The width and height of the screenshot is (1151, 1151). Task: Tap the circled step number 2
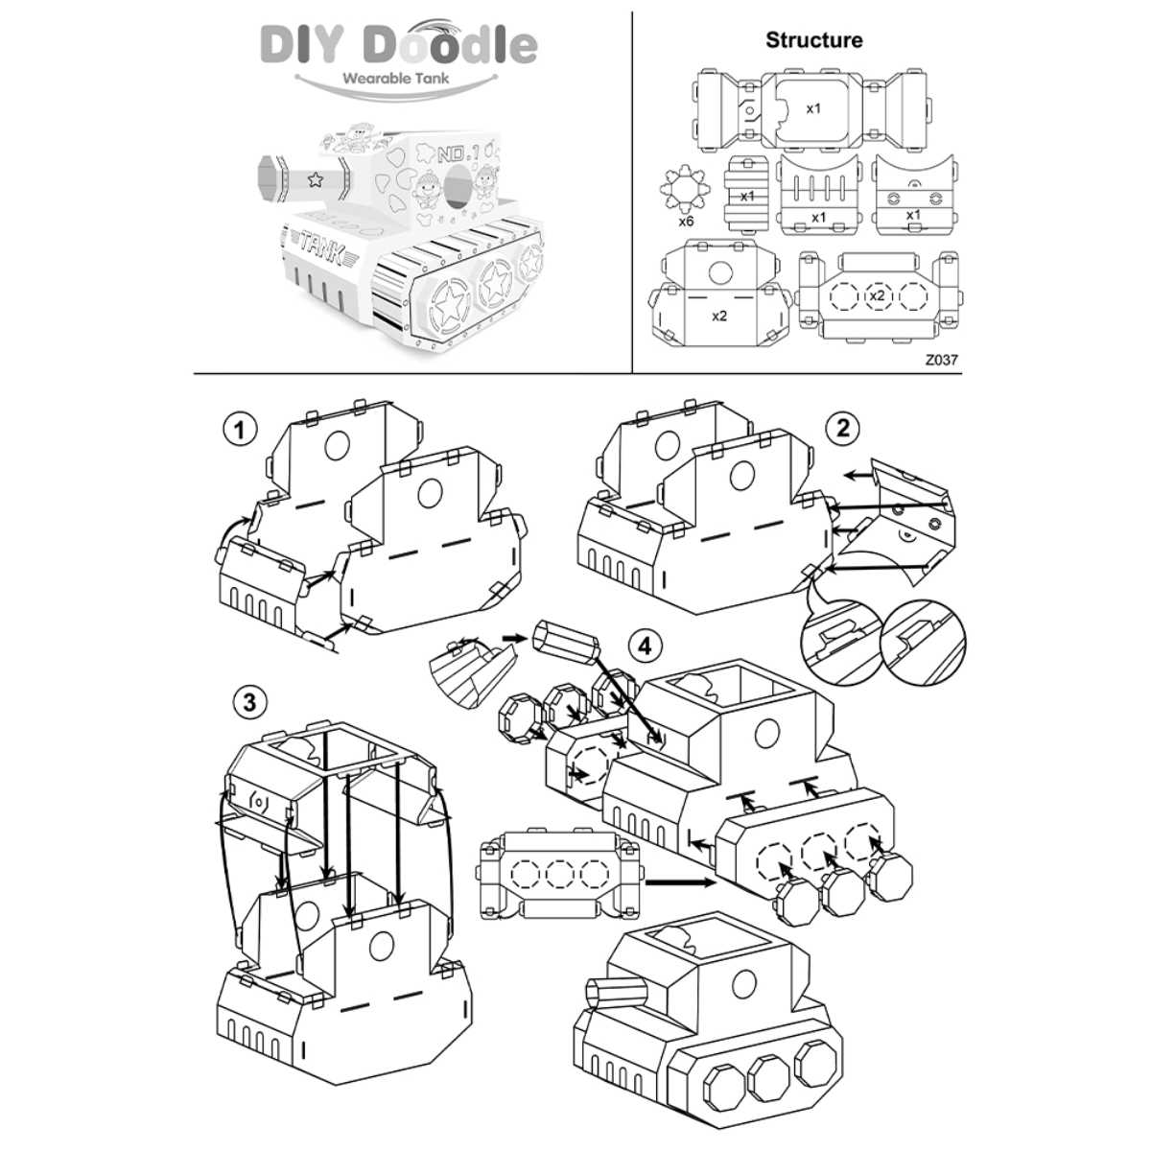point(842,428)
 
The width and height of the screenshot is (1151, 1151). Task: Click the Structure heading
point(813,40)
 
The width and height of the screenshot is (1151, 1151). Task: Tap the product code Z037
point(941,361)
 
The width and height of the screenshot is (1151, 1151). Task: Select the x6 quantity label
point(686,222)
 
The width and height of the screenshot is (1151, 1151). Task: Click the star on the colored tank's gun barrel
point(314,179)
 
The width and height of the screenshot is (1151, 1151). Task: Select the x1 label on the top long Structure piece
point(813,108)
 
